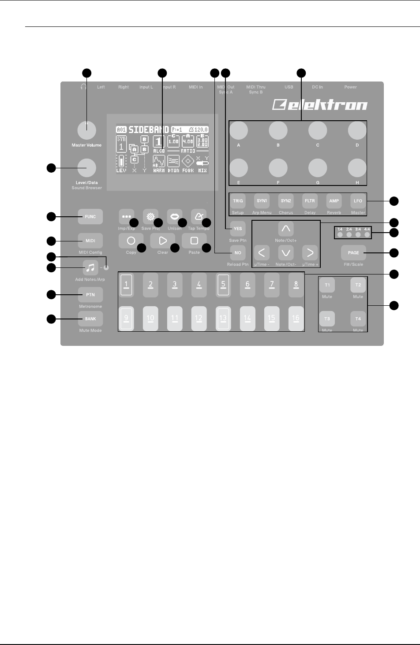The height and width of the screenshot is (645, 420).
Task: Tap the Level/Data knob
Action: [x=86, y=167]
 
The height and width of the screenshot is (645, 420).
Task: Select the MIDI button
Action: [x=90, y=241]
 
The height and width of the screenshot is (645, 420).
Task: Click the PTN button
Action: [x=90, y=294]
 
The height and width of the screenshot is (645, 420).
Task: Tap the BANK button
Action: [x=90, y=318]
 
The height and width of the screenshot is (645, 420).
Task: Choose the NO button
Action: [x=238, y=253]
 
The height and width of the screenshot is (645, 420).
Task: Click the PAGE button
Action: [x=353, y=253]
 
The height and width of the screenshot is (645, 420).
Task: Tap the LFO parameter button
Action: [x=358, y=201]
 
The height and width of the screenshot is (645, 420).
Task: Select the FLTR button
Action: [x=310, y=201]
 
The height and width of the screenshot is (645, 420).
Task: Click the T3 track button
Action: [x=327, y=319]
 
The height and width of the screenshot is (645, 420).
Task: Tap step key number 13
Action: [x=223, y=318]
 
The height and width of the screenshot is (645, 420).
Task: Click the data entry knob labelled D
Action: [x=357, y=130]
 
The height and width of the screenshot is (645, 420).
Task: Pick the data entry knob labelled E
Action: [x=238, y=168]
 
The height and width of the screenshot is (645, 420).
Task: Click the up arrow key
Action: [x=286, y=229]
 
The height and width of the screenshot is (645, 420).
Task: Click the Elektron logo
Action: [x=320, y=104]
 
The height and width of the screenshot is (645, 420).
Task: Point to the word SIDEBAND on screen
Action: [x=149, y=130]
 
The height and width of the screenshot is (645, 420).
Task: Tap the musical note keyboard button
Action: [x=90, y=267]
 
